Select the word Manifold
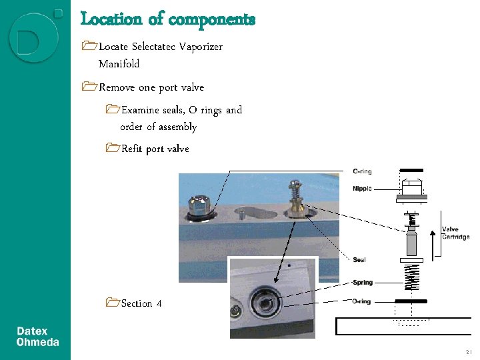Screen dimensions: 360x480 pos(119,64)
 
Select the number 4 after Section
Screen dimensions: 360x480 pos(159,303)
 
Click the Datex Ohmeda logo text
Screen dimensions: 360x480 pos(37,337)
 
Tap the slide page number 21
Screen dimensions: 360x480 pos(468,352)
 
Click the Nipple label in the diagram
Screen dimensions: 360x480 pos(362,189)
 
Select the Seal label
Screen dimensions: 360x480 pos(359,259)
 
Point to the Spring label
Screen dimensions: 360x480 pos(362,283)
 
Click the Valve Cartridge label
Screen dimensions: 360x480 pos(455,233)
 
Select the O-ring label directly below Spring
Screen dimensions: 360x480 pos(361,302)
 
